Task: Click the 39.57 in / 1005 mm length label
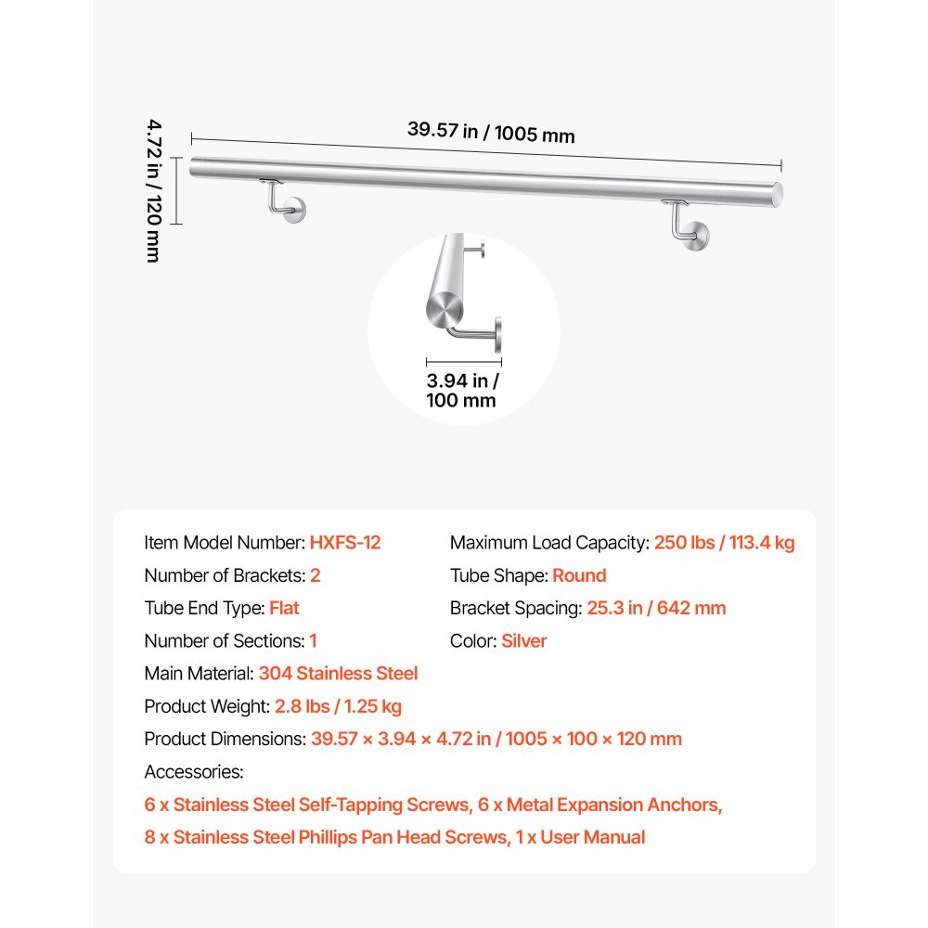pos(491,132)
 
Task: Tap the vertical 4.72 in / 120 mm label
pos(153,190)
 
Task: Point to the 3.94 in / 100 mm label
pos(462,390)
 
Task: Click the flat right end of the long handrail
pos(777,195)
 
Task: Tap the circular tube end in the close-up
pos(445,309)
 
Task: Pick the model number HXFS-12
pos(345,543)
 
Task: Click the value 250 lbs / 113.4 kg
pos(725,543)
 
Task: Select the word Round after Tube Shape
pos(579,575)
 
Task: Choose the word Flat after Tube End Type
pos(284,608)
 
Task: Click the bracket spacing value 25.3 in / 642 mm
pos(656,608)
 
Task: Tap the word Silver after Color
pos(524,641)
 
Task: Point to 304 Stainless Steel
pos(338,674)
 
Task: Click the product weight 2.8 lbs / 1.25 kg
pos(338,706)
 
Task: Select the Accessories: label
pos(194,772)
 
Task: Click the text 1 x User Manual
pos(580,837)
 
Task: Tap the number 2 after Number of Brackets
pos(315,575)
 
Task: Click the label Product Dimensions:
pos(226,740)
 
